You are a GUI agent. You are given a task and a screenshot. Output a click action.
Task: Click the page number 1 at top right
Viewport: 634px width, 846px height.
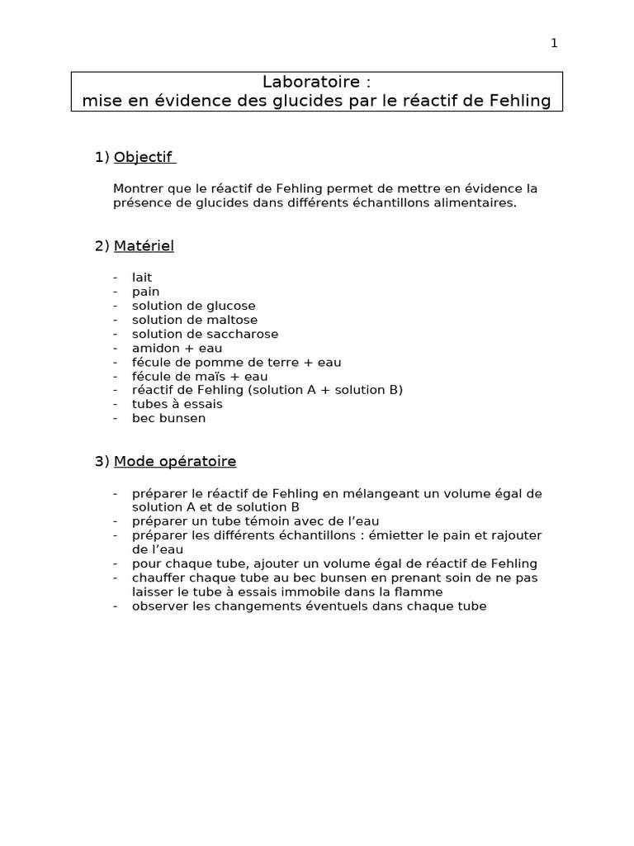[x=554, y=44]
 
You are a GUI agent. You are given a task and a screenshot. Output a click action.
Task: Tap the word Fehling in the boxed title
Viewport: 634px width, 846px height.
[x=521, y=101]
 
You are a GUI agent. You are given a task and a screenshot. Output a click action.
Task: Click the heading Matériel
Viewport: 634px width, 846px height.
[x=144, y=245]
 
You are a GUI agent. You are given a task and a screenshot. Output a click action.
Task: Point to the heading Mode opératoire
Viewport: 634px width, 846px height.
[x=175, y=461]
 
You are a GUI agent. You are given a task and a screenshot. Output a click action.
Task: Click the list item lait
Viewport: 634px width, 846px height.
[x=142, y=278]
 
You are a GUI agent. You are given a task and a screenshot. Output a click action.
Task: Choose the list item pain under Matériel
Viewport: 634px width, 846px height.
[x=145, y=292]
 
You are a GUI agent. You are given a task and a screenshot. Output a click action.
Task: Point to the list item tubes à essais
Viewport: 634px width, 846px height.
[x=177, y=404]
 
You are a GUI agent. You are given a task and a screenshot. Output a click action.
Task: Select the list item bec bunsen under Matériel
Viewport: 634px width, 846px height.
[x=168, y=418]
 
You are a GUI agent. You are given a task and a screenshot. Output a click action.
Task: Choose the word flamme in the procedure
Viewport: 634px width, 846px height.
[x=420, y=592]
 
